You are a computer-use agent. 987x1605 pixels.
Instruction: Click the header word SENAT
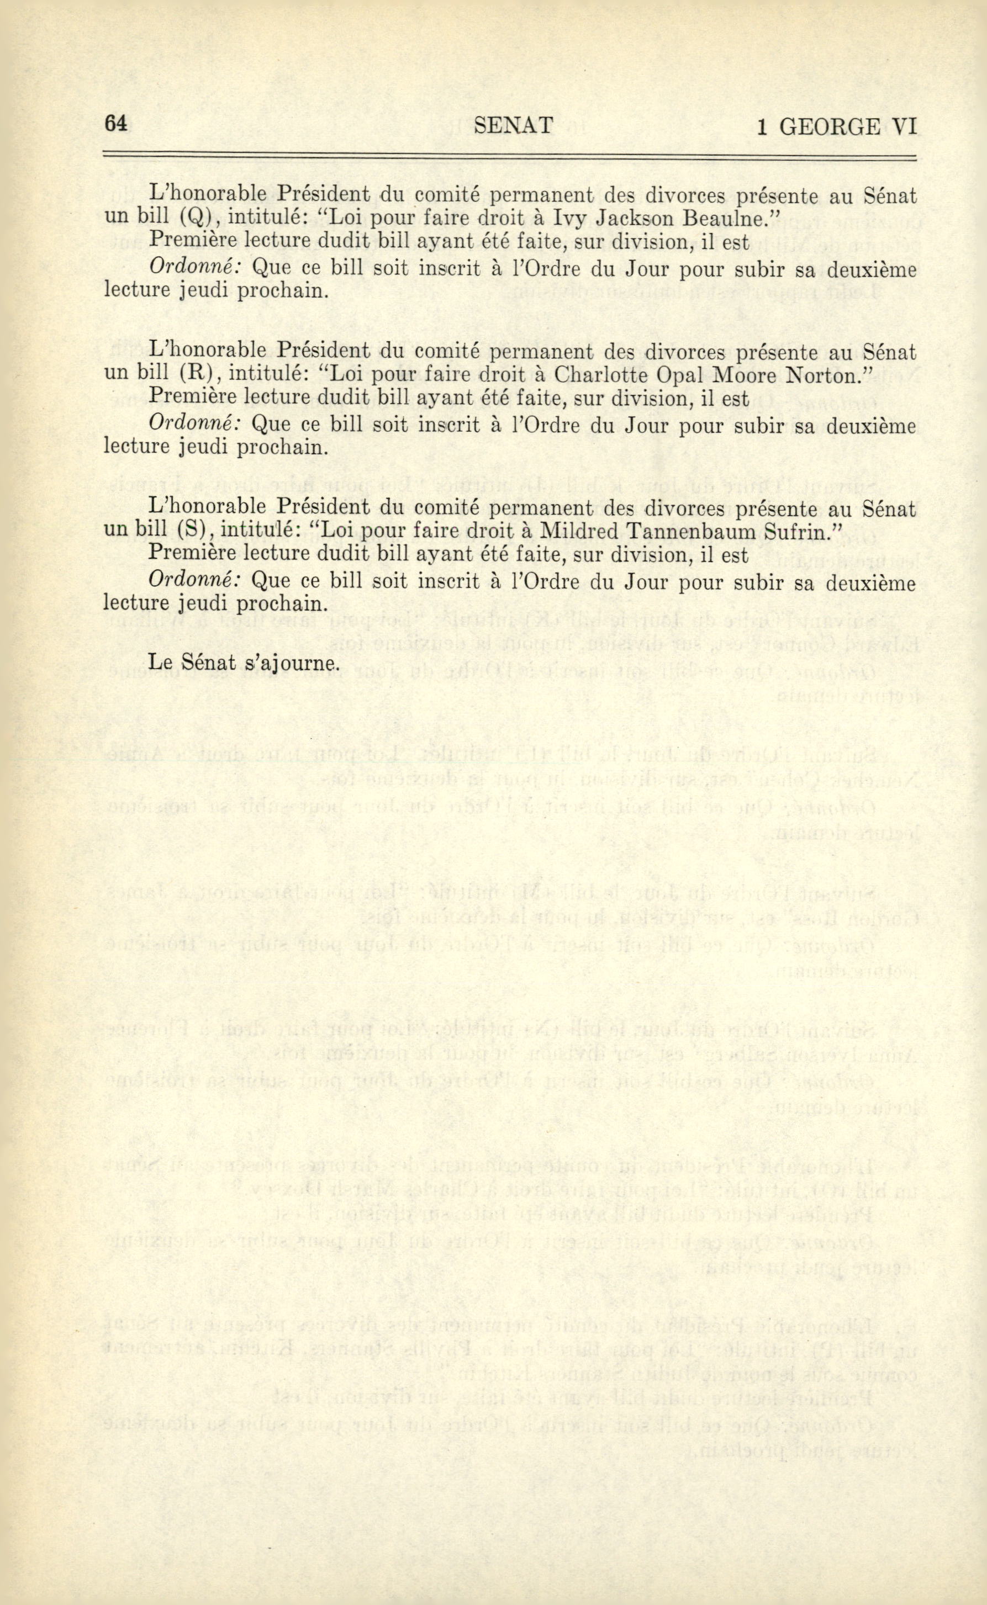coord(514,125)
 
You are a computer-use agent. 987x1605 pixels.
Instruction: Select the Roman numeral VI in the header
coord(904,126)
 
